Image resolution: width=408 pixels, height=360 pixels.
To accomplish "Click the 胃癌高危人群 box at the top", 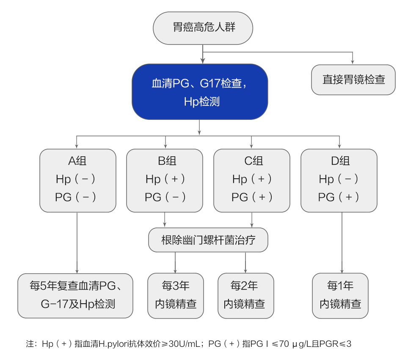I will point(203,28).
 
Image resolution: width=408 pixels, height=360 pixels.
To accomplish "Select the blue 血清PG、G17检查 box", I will point(200,91).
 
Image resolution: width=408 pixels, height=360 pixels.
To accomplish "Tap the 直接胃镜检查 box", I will point(353,80).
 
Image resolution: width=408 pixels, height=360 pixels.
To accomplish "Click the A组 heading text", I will point(77,161).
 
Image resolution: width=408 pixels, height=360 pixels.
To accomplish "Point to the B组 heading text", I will point(165,161).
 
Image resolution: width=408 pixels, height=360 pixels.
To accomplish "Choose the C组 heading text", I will point(252,161).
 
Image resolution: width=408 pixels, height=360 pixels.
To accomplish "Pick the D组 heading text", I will point(339,161).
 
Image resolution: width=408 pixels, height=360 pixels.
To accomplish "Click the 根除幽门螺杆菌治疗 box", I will point(208,240).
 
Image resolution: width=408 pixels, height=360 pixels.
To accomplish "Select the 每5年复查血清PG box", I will point(75,295).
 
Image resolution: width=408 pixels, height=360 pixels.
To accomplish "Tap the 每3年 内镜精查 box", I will point(176,295).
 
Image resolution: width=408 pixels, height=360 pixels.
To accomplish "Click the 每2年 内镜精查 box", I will point(245,295).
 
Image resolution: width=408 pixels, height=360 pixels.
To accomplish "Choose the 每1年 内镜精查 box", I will point(340,295).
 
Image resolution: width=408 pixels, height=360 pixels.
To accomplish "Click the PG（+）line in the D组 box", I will point(339,197).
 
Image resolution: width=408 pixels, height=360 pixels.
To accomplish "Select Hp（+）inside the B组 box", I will point(165,179).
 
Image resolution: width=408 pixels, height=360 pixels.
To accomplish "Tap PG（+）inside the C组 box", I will point(252,197).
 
